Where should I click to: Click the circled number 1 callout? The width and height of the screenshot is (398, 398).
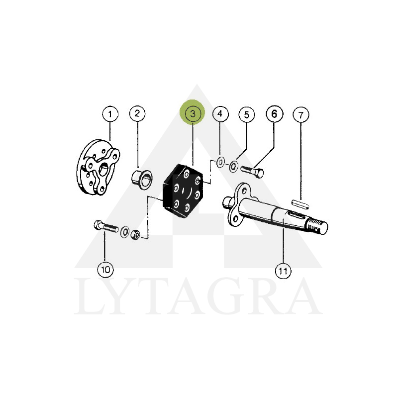(x=110, y=114)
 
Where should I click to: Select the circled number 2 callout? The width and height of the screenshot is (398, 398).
(x=137, y=113)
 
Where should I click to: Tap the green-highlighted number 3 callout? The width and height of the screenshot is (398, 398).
(x=192, y=113)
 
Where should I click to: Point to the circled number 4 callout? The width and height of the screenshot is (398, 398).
(x=220, y=114)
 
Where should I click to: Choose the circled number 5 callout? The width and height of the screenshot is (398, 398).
(x=246, y=115)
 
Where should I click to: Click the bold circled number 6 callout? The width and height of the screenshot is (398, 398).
(x=274, y=114)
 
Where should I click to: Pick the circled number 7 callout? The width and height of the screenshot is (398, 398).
(x=301, y=115)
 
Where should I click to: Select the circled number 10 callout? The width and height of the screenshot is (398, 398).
(x=105, y=270)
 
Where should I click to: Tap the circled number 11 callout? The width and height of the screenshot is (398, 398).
(x=283, y=271)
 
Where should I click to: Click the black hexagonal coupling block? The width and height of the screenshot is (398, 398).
(x=183, y=191)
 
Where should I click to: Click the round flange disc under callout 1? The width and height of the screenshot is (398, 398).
(x=98, y=167)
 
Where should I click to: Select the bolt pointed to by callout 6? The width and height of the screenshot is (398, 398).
(x=252, y=172)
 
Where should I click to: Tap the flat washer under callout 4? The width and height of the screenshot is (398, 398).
(x=220, y=162)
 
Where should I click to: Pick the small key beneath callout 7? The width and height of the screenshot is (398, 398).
(x=300, y=204)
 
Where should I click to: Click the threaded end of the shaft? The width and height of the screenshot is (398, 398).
(x=317, y=226)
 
